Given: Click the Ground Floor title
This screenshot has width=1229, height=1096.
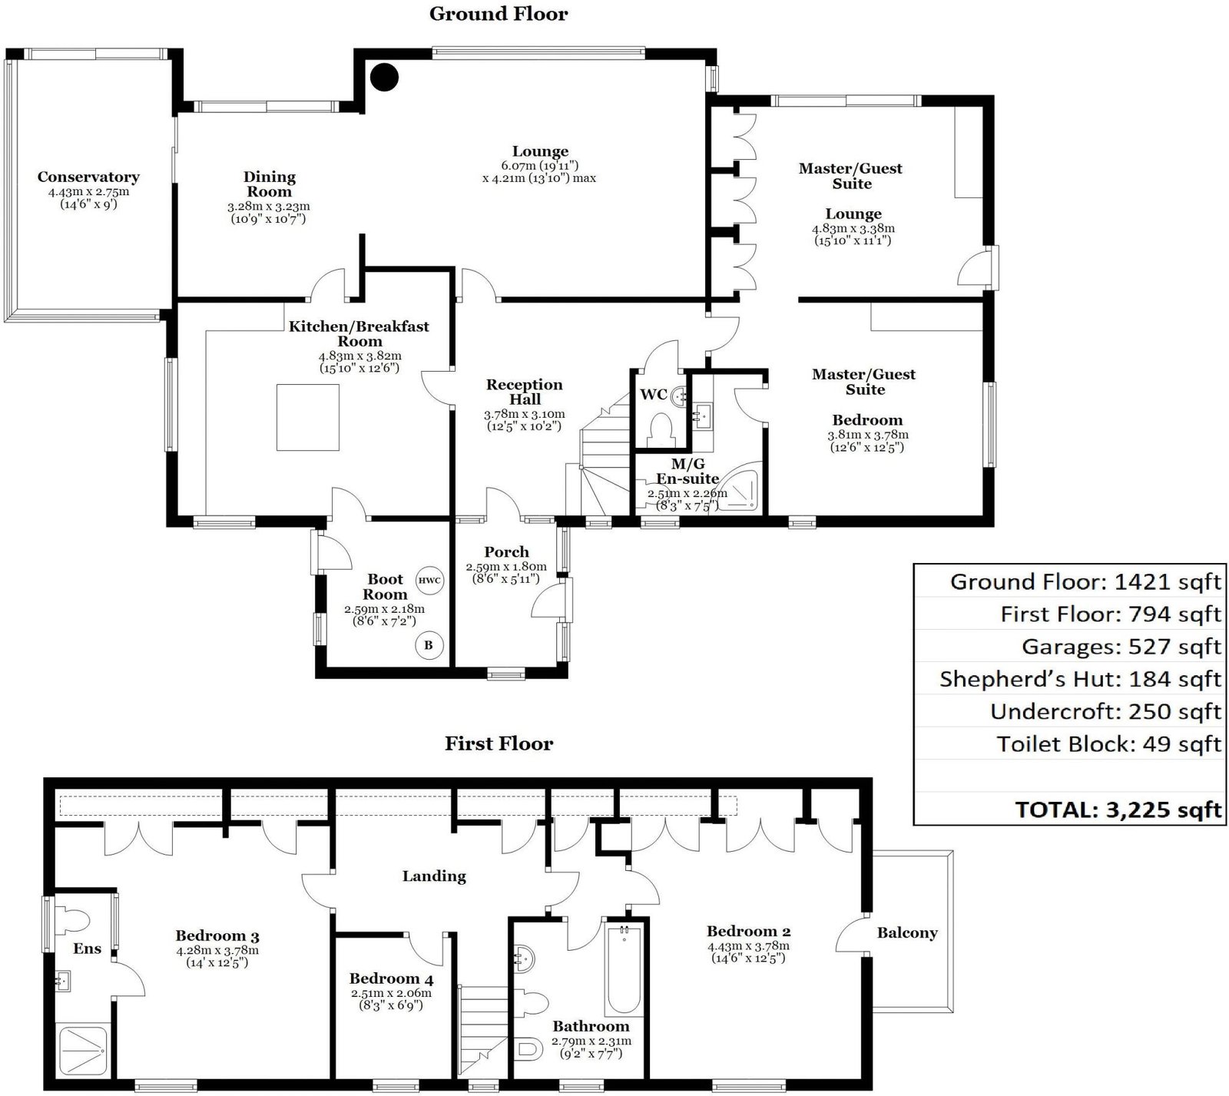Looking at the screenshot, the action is pyautogui.click(x=499, y=14).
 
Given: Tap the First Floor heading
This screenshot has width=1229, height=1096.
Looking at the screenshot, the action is pyautogui.click(x=499, y=743).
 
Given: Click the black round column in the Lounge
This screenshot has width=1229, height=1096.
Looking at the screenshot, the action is pyautogui.click(x=384, y=76).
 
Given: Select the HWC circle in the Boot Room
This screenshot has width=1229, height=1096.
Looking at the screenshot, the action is pyautogui.click(x=429, y=580).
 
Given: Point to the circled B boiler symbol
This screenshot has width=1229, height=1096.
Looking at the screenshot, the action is pyautogui.click(x=428, y=645).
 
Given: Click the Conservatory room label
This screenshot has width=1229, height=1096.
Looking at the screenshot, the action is pyautogui.click(x=88, y=177).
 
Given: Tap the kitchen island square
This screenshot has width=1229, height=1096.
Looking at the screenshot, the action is pyautogui.click(x=307, y=417).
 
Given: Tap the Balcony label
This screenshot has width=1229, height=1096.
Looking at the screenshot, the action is pyautogui.click(x=907, y=933).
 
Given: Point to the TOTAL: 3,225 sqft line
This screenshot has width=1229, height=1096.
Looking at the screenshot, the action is pyautogui.click(x=1118, y=809).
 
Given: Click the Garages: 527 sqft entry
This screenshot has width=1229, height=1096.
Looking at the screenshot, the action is pyautogui.click(x=1121, y=647).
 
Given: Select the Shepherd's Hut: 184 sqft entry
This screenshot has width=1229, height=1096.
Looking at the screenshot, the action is pyautogui.click(x=1080, y=679).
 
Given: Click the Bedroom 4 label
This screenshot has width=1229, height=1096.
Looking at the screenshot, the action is pyautogui.click(x=391, y=978).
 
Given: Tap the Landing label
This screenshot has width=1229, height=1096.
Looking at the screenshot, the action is pyautogui.click(x=434, y=876).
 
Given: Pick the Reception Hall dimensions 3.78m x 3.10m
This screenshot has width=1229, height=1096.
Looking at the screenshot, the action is pyautogui.click(x=524, y=414).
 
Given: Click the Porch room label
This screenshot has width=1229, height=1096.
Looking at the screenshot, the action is pyautogui.click(x=506, y=552).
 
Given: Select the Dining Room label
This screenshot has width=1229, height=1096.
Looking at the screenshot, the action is pyautogui.click(x=270, y=184).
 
